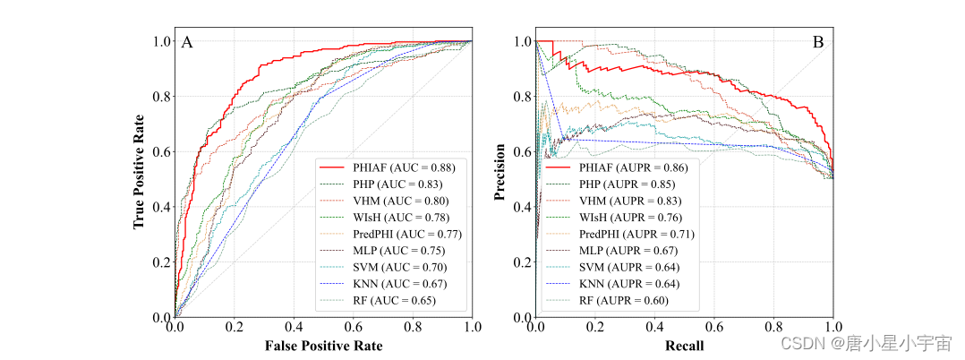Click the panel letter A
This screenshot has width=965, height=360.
click(187, 42)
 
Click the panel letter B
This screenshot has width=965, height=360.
click(817, 42)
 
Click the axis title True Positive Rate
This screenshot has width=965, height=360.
click(140, 178)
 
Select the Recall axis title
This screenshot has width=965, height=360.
click(684, 346)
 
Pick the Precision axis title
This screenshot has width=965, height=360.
click(500, 178)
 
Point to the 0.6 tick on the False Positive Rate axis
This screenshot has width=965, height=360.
click(353, 329)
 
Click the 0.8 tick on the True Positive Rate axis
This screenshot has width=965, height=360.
click(161, 97)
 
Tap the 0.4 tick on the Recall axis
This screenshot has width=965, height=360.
click(654, 329)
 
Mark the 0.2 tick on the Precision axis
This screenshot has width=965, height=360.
click(522, 262)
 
